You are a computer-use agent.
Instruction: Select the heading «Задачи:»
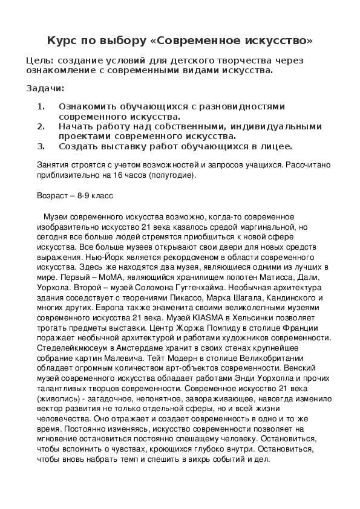coord(45,88)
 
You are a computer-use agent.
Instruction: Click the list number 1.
coord(41,106)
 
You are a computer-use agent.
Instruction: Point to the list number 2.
coord(41,126)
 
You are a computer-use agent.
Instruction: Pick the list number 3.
coord(41,146)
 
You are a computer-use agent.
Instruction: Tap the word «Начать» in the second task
coord(75,126)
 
